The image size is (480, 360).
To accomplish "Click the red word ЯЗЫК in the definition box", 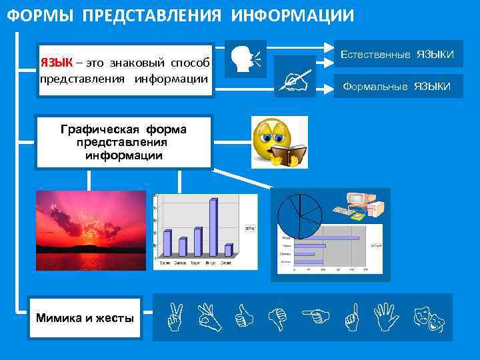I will coord(56,63).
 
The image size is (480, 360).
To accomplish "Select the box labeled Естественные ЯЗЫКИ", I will coord(398,54).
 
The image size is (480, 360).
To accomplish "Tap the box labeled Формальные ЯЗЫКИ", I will coord(398,86).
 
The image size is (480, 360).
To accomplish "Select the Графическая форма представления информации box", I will coord(123,142).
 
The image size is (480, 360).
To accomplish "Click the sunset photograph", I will coord(91,230).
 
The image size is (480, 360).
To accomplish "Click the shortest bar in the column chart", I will coord(228,250).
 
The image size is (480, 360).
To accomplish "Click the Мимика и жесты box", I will coord(85,318).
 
